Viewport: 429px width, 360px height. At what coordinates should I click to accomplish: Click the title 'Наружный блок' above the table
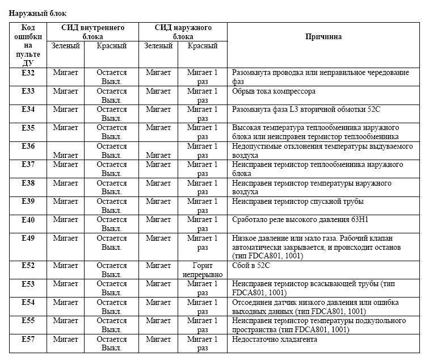point(36,12)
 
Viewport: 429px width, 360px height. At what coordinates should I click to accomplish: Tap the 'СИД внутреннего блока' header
point(93,31)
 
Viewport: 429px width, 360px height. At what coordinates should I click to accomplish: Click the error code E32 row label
point(28,73)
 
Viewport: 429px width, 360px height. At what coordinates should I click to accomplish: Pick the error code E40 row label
point(28,220)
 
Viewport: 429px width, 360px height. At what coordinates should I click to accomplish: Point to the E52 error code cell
point(28,265)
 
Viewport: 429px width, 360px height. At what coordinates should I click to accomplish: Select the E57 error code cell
point(28,339)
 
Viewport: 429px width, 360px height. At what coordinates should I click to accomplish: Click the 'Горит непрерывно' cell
point(203,270)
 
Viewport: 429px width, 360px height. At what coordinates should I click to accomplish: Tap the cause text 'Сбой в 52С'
point(251,265)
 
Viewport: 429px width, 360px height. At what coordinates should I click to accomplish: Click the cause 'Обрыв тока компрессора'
point(274,91)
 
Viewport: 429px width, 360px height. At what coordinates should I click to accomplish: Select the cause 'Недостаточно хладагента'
point(275,339)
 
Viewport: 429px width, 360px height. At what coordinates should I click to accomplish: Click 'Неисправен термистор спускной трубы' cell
point(298,201)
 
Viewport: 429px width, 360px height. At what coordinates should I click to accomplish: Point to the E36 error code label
point(28,146)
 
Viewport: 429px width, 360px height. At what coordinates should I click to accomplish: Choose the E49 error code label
point(28,238)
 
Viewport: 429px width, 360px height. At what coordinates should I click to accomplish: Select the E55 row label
point(28,321)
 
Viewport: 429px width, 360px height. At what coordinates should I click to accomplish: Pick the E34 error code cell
point(28,109)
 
